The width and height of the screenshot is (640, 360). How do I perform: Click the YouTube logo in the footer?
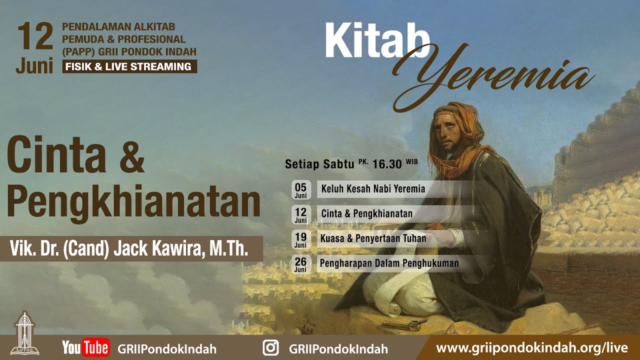(85, 347)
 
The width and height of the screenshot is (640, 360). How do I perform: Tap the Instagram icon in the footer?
(270, 347)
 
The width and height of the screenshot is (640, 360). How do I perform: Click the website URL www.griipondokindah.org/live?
(531, 347)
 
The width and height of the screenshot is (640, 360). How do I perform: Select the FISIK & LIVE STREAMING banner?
(129, 66)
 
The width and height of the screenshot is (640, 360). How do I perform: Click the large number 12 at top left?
(34, 37)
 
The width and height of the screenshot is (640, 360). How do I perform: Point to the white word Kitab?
(376, 41)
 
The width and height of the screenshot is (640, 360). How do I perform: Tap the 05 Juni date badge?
(300, 190)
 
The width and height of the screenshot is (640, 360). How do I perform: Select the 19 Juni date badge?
(300, 239)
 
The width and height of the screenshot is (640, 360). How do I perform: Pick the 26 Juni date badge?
(300, 263)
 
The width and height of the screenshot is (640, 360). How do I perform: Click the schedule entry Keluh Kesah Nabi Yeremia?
(373, 189)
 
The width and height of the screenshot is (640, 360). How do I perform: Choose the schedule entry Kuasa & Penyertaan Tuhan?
(373, 238)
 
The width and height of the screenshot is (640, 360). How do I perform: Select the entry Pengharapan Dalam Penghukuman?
(390, 263)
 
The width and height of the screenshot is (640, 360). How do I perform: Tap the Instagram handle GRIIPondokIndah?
(338, 348)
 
